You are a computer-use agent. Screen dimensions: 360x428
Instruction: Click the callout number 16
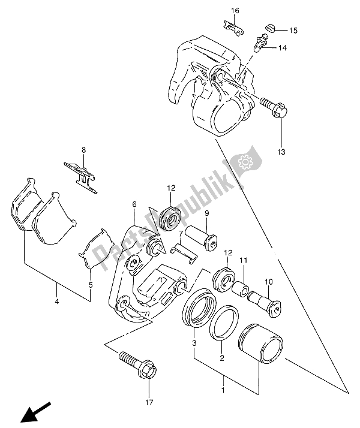235,11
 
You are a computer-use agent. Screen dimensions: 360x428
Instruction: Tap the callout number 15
293,31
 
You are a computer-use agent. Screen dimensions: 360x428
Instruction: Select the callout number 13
281,152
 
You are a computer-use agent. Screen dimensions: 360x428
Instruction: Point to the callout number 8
83,150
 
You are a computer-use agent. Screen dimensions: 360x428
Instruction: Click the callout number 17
149,402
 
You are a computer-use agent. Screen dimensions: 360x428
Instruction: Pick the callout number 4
57,302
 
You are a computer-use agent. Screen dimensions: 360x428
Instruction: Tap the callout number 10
268,282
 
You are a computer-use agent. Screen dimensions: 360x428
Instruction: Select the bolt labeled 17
138,365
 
